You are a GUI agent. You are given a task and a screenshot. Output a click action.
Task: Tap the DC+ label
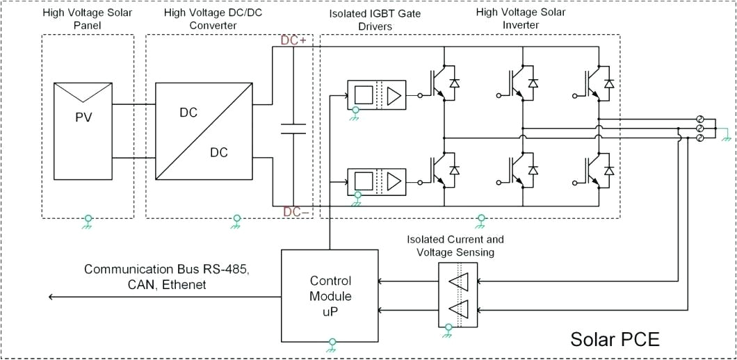point(293,40)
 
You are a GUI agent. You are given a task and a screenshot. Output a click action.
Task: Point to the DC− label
point(295,211)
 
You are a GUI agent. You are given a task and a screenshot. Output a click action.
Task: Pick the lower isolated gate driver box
point(377,182)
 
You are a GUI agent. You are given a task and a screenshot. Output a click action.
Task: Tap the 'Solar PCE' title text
point(614,339)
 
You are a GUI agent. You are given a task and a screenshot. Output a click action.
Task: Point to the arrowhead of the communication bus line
point(51,297)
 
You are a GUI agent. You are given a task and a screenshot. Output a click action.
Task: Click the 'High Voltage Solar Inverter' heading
point(520,19)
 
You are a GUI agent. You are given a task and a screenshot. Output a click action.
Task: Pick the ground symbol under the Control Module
point(332,345)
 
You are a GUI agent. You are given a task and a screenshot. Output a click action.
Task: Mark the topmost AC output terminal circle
point(700,120)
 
